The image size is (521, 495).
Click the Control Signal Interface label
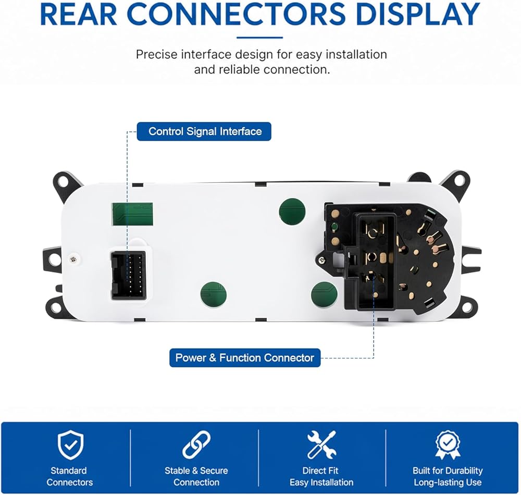(204, 131)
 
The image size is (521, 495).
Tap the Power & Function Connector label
(245, 358)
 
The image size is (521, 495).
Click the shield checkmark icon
(70, 445)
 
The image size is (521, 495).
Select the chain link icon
(196, 444)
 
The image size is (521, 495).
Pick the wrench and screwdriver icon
(321, 444)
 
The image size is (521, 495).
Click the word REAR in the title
(79, 15)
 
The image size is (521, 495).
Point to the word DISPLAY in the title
(418, 15)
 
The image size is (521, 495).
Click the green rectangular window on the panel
(132, 214)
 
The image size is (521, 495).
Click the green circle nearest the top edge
(292, 212)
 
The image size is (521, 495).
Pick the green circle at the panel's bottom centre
(213, 295)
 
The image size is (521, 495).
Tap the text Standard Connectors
(69, 476)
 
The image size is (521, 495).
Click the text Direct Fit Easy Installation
(321, 476)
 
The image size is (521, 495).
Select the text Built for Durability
(448, 471)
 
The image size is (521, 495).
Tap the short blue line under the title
(260, 38)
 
